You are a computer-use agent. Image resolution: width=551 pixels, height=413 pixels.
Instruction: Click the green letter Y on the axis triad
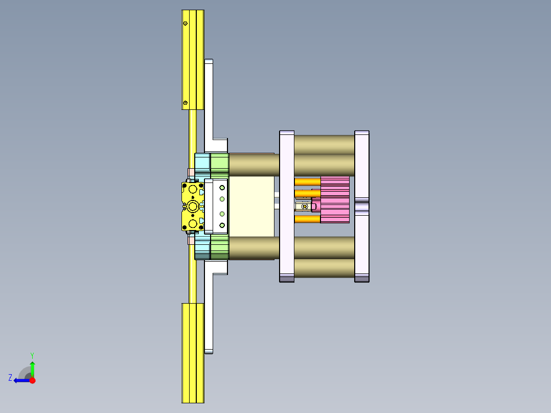pyautogui.click(x=32, y=355)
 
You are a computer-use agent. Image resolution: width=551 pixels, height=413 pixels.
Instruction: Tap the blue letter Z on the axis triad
pyautogui.click(x=10, y=377)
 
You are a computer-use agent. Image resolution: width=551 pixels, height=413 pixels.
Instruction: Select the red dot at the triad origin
pyautogui.click(x=32, y=380)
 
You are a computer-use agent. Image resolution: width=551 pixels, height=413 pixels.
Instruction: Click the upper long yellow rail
pyautogui.click(x=193, y=59)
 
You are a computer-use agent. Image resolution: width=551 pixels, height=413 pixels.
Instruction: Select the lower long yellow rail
pyautogui.click(x=193, y=353)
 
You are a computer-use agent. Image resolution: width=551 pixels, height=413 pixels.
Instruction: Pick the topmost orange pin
pyautogui.click(x=307, y=181)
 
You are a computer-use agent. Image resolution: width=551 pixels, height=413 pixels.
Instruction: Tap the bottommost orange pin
pyautogui.click(x=307, y=219)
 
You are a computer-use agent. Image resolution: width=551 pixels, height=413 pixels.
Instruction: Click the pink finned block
pyautogui.click(x=335, y=200)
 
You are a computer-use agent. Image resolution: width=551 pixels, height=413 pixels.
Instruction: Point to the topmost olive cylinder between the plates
pyautogui.click(x=324, y=144)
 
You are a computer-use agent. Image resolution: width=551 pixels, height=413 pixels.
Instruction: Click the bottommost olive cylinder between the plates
pyautogui.click(x=324, y=268)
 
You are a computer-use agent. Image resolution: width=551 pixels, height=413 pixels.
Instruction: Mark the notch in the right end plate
pyautogui.click(x=362, y=206)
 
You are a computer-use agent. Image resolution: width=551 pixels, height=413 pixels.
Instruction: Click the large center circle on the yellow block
pyautogui.click(x=193, y=206)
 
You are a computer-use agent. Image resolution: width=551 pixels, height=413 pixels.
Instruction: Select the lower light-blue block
pyautogui.click(x=202, y=247)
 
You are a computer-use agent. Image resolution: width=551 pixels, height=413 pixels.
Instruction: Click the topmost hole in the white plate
pyautogui.click(x=222, y=187)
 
